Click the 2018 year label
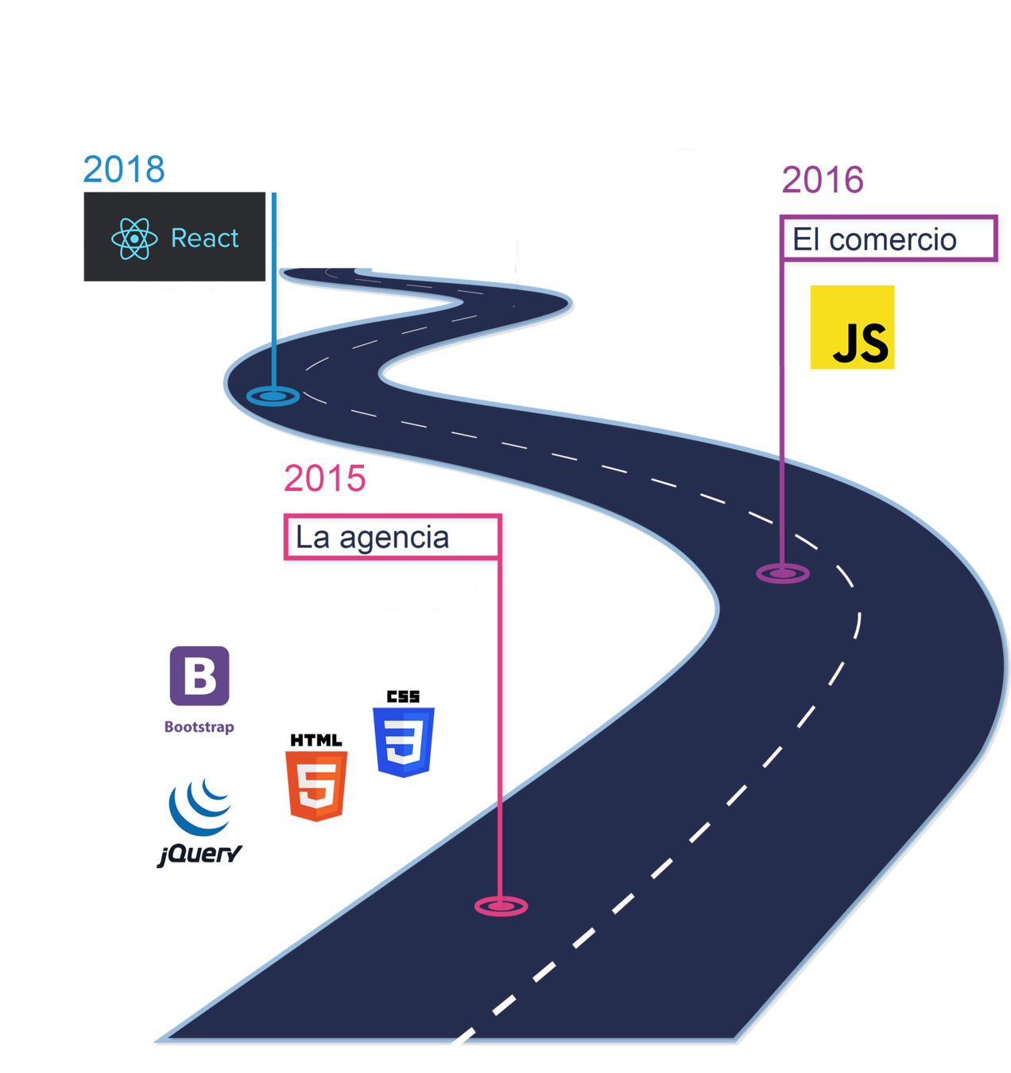point(124,169)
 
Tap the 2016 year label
point(822,180)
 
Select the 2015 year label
point(324,478)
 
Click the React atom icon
point(134,238)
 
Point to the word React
point(204,238)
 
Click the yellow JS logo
point(852,327)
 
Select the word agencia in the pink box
point(394,538)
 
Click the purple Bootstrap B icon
point(199,676)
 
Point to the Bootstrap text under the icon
point(199,726)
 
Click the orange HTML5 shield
point(316,786)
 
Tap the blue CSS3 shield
point(404,742)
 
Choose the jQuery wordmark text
point(199,854)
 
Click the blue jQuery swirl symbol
point(200,808)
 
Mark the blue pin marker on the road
point(273,395)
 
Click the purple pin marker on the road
point(783,573)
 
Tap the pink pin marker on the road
point(501,905)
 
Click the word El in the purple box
point(806,240)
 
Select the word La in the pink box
point(312,538)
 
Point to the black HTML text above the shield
point(316,740)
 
